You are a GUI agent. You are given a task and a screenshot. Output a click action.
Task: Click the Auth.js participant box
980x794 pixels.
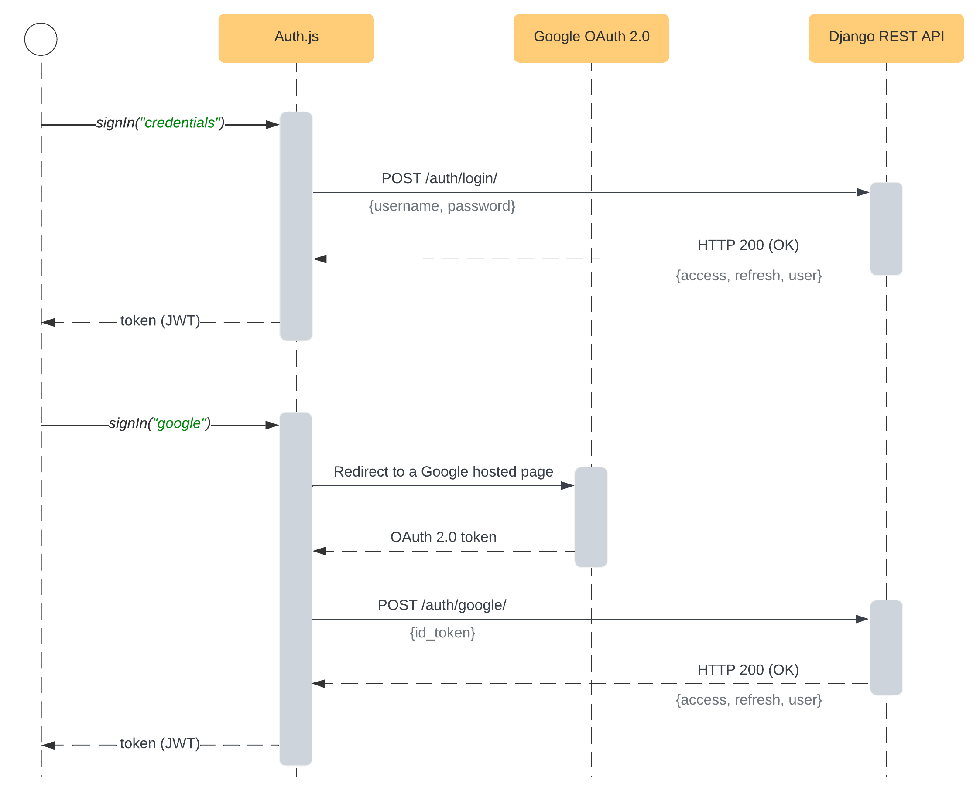[296, 38]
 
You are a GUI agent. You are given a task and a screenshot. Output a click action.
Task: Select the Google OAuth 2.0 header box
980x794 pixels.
[590, 38]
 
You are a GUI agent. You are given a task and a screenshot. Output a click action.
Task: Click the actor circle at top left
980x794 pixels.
[41, 39]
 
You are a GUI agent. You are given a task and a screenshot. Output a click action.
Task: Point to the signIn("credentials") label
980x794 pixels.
[160, 123]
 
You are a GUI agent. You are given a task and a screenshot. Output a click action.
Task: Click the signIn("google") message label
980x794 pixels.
[159, 423]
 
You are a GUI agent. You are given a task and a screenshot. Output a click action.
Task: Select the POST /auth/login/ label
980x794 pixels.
[439, 178]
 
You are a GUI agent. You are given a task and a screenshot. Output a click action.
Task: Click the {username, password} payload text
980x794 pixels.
[442, 206]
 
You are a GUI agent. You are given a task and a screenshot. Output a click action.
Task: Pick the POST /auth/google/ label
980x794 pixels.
[441, 605]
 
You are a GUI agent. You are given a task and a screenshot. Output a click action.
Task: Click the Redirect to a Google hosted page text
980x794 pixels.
[442, 471]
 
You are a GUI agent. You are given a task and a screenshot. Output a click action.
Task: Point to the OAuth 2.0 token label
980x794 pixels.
[442, 536]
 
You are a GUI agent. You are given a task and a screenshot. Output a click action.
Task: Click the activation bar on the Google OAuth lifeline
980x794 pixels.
[590, 517]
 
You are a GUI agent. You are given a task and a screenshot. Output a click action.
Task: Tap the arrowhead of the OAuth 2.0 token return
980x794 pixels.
[319, 551]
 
